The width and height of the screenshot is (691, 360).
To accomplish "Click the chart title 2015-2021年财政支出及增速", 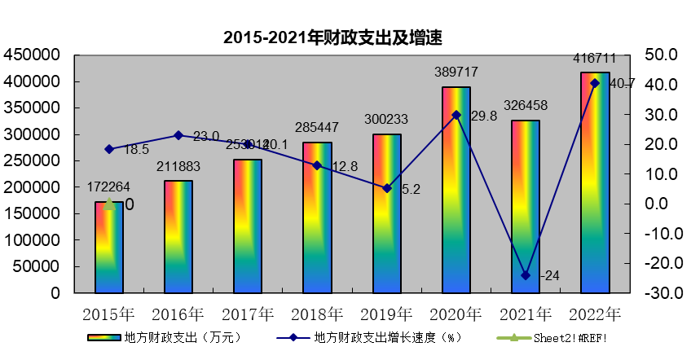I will coord(333,37).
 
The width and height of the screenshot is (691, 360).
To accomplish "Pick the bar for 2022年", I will coord(595,182).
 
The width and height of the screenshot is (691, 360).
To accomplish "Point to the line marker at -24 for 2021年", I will coord(526,275).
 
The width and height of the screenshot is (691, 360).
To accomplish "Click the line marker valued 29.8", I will coord(456,115).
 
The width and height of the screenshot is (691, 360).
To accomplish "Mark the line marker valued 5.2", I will coord(387,188).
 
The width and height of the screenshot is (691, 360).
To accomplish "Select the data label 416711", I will coord(593,59).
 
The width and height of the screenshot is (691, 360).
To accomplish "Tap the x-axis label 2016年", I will coord(178,314).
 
